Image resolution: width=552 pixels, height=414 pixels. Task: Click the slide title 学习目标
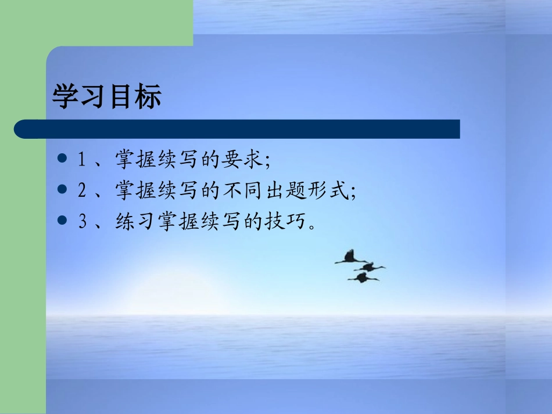(x=107, y=97)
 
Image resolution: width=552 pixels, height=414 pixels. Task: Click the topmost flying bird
(x=350, y=258)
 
